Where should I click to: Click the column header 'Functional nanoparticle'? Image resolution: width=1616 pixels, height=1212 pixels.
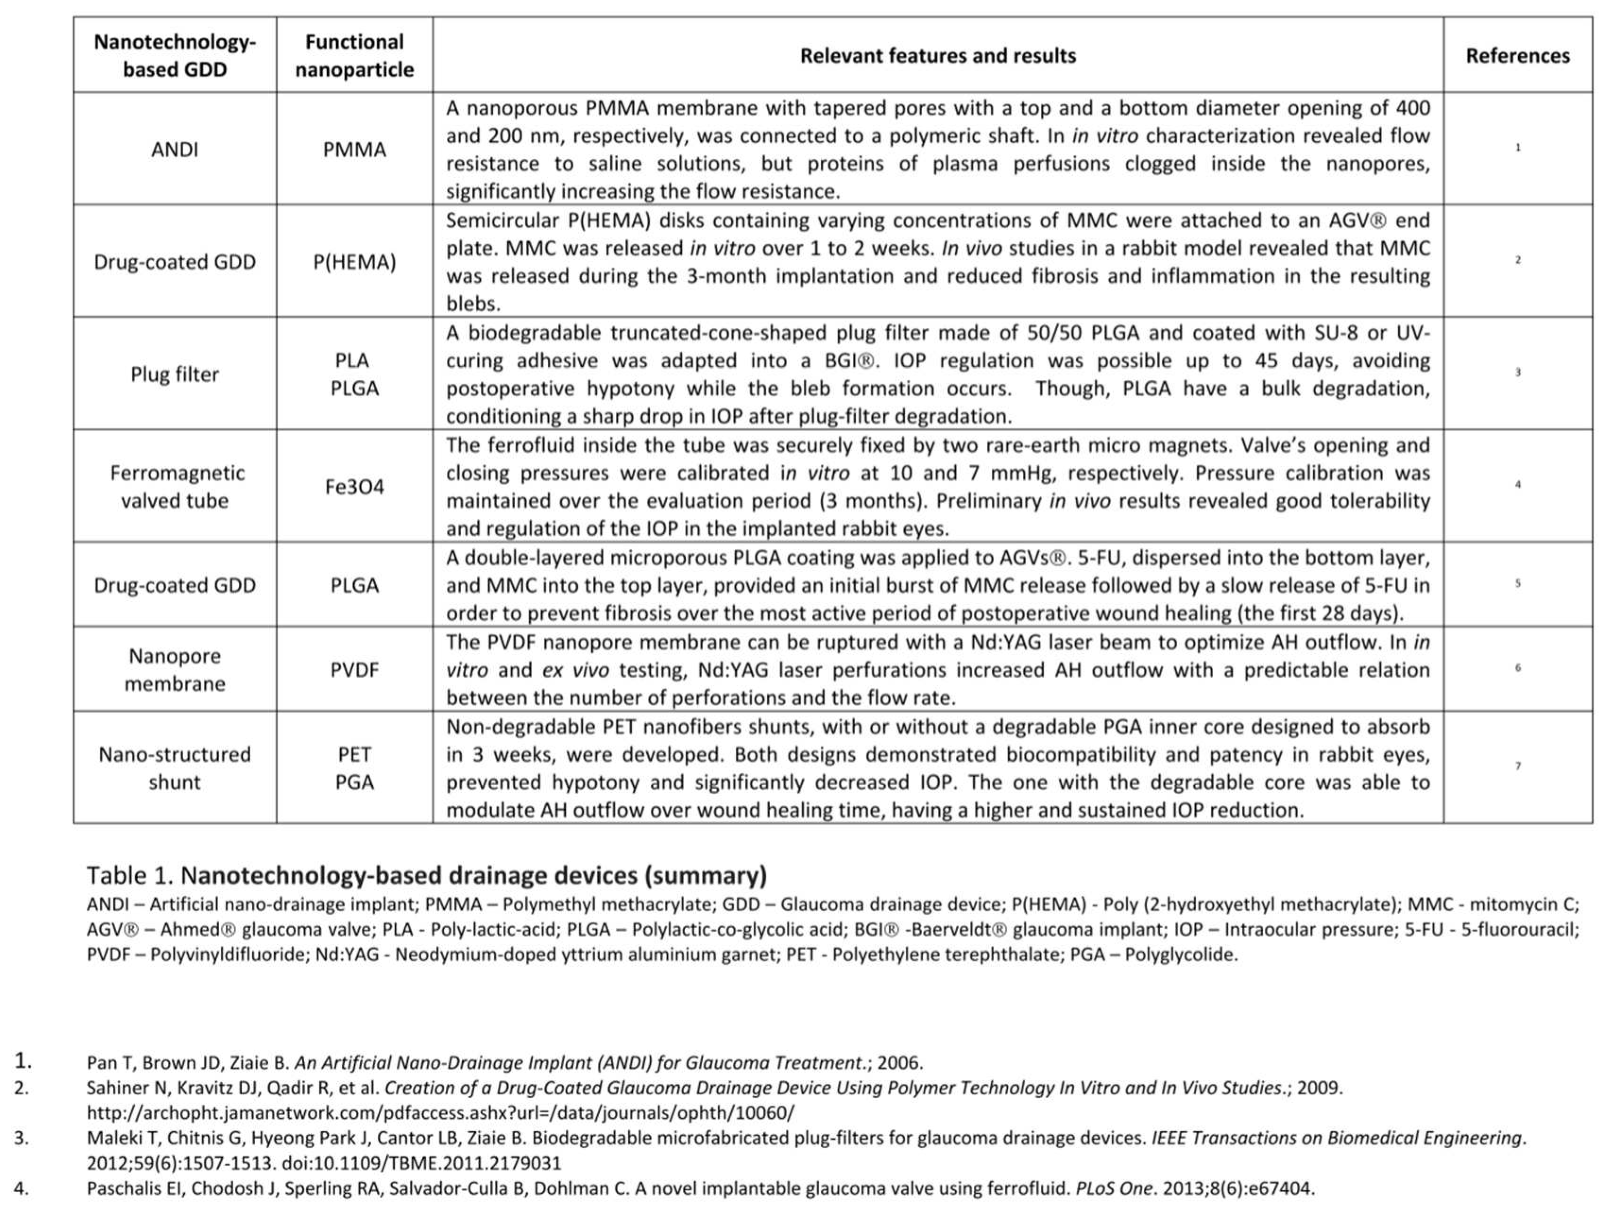[354, 56]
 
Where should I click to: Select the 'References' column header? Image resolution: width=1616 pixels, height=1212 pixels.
[1517, 56]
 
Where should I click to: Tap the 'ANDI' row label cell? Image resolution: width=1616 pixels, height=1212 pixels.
[175, 149]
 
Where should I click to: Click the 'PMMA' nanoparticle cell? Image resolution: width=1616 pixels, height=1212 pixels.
[354, 149]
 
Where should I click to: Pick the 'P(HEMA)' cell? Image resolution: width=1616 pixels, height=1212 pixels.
[354, 262]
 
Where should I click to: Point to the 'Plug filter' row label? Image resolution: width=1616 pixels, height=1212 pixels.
[175, 374]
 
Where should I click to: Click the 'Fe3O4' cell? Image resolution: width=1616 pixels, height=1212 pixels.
[354, 487]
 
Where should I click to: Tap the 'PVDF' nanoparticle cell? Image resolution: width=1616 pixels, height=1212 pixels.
[354, 669]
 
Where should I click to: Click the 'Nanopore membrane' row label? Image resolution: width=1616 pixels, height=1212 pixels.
[175, 669]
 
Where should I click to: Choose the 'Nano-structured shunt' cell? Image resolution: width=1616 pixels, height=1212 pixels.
[175, 768]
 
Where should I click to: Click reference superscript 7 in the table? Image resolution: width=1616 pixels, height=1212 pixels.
[1517, 766]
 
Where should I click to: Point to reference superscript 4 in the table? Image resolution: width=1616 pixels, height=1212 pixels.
[1517, 484]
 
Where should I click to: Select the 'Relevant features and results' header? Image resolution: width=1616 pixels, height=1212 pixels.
[937, 56]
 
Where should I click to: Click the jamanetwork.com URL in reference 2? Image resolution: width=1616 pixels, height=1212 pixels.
[440, 1113]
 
